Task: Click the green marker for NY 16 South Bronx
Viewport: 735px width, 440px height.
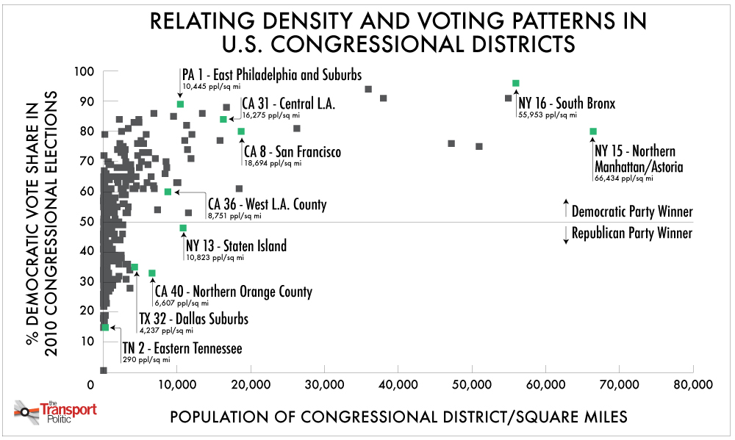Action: tap(515, 83)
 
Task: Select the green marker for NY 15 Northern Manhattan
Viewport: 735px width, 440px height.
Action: tap(593, 131)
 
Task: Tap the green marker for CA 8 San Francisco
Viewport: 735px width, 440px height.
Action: tap(241, 131)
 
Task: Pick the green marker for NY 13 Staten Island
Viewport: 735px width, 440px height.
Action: tap(183, 228)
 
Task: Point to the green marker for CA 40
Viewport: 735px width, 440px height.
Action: tap(152, 273)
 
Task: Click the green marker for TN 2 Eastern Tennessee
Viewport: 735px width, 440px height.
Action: tap(105, 327)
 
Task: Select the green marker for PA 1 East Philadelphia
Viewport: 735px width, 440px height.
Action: tap(180, 104)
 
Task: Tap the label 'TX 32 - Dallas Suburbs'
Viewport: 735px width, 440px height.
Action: tap(193, 319)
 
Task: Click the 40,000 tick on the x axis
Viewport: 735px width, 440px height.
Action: tap(398, 384)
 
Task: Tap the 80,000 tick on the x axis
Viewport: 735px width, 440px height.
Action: tap(692, 384)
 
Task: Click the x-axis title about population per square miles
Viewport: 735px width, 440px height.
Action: tap(399, 416)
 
